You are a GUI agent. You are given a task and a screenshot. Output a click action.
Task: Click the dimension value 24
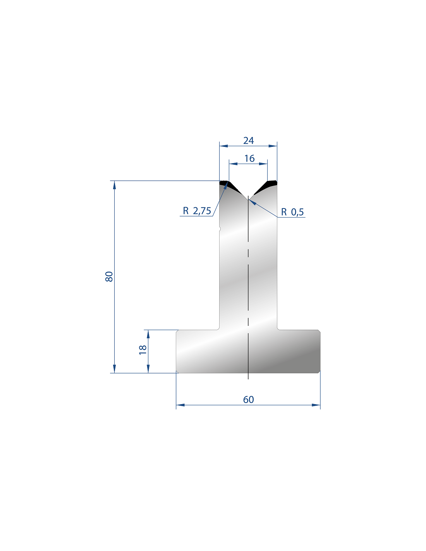[x=248, y=141]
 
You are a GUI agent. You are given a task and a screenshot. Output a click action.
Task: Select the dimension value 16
[x=249, y=158]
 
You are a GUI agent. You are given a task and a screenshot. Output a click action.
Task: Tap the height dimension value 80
[x=109, y=276]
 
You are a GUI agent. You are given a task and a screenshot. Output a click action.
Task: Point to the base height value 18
[x=143, y=350]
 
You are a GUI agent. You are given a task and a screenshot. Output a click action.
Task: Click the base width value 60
[x=248, y=399]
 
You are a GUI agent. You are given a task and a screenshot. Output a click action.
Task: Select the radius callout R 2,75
[x=197, y=211]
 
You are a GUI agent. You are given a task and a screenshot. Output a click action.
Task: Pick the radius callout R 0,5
[x=292, y=212]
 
